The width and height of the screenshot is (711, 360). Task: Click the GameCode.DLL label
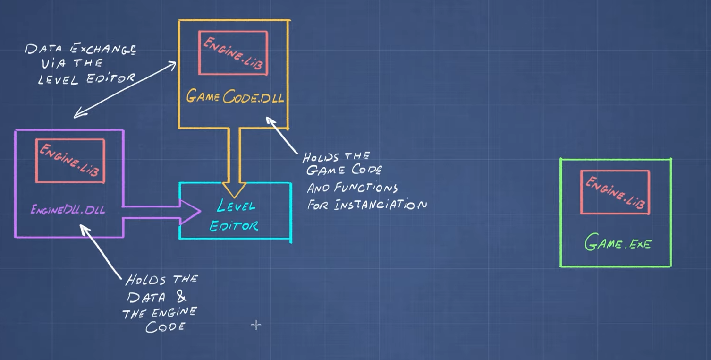coord(235,97)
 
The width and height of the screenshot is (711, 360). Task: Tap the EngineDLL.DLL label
coord(68,210)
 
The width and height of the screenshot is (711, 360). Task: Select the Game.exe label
coord(618,243)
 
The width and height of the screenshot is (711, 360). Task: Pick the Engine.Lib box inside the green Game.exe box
coord(615,192)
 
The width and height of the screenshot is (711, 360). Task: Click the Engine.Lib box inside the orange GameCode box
coord(233,53)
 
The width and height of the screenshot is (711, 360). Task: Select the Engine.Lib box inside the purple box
coord(70,161)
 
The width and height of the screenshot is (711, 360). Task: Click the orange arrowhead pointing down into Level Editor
coord(234,190)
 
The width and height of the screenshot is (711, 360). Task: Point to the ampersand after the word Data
coord(181,298)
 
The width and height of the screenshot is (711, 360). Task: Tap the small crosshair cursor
coord(256,325)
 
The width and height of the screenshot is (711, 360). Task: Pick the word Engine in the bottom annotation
coord(175,312)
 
